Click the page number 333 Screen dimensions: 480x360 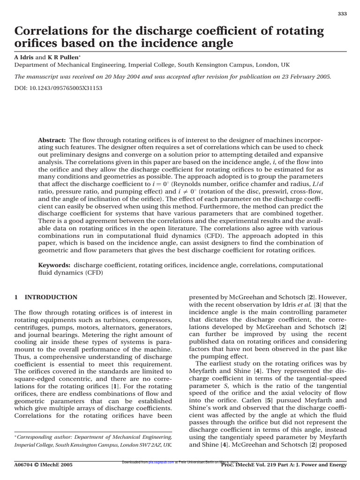tap(342, 14)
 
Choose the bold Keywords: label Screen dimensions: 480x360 tap(54, 265)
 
